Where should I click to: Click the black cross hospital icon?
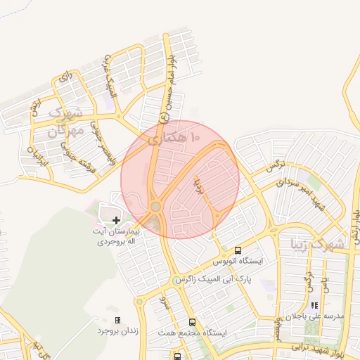tap(116, 221)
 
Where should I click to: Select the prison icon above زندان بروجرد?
tap(117, 320)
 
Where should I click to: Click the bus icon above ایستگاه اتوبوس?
tap(238, 250)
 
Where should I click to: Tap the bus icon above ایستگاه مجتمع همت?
tap(192, 322)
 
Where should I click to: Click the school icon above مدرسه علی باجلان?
tap(314, 306)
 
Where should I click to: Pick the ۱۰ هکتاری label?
tap(176, 134)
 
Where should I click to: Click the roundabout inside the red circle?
tap(155, 206)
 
